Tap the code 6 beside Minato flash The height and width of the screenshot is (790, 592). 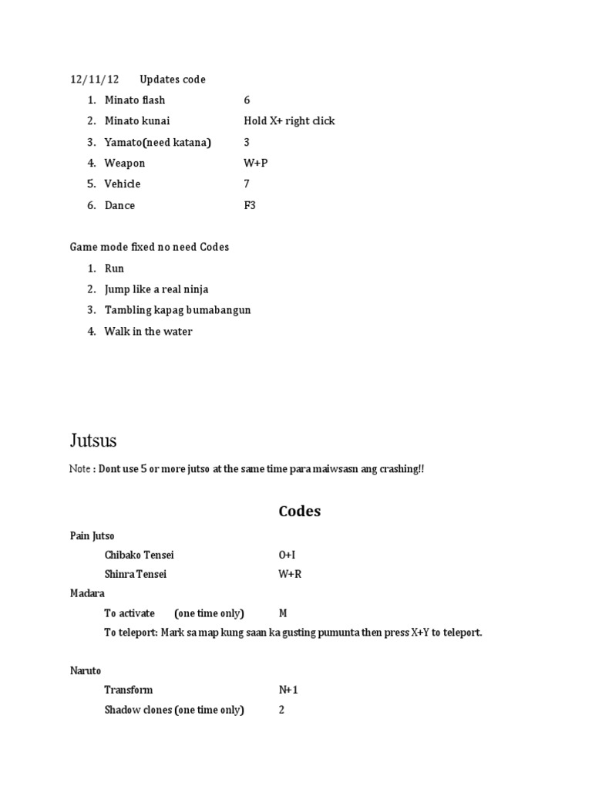[x=247, y=100]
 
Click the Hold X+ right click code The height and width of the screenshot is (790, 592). [x=289, y=121]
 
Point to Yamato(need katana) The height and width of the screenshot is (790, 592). [x=157, y=142]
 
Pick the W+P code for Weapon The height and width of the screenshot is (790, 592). [x=255, y=163]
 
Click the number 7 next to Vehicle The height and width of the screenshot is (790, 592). [x=247, y=184]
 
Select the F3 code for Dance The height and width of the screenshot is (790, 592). [x=249, y=205]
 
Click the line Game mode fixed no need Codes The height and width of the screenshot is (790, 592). [x=150, y=247]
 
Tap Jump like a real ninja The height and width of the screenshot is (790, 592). [x=156, y=289]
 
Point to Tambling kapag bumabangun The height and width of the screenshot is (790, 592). [x=177, y=310]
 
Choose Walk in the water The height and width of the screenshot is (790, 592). [x=148, y=332]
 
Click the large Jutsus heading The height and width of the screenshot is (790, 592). [x=93, y=441]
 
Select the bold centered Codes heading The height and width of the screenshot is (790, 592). [x=299, y=511]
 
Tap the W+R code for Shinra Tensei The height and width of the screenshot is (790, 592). [x=290, y=575]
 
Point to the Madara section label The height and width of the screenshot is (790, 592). [x=87, y=593]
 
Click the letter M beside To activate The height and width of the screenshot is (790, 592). [x=283, y=613]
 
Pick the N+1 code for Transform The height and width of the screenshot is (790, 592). [x=288, y=690]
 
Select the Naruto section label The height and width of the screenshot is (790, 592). [x=86, y=671]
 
